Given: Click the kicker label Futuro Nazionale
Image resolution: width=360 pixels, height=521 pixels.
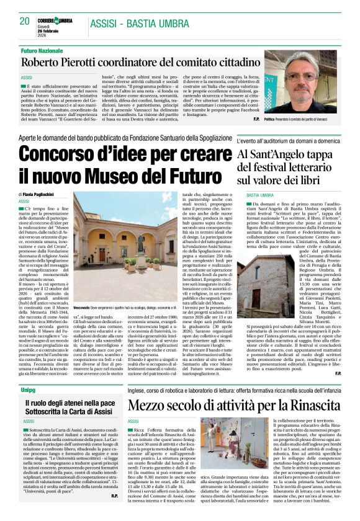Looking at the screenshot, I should (43, 50).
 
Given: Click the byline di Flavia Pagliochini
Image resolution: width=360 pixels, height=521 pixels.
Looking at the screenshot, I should (42, 195).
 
